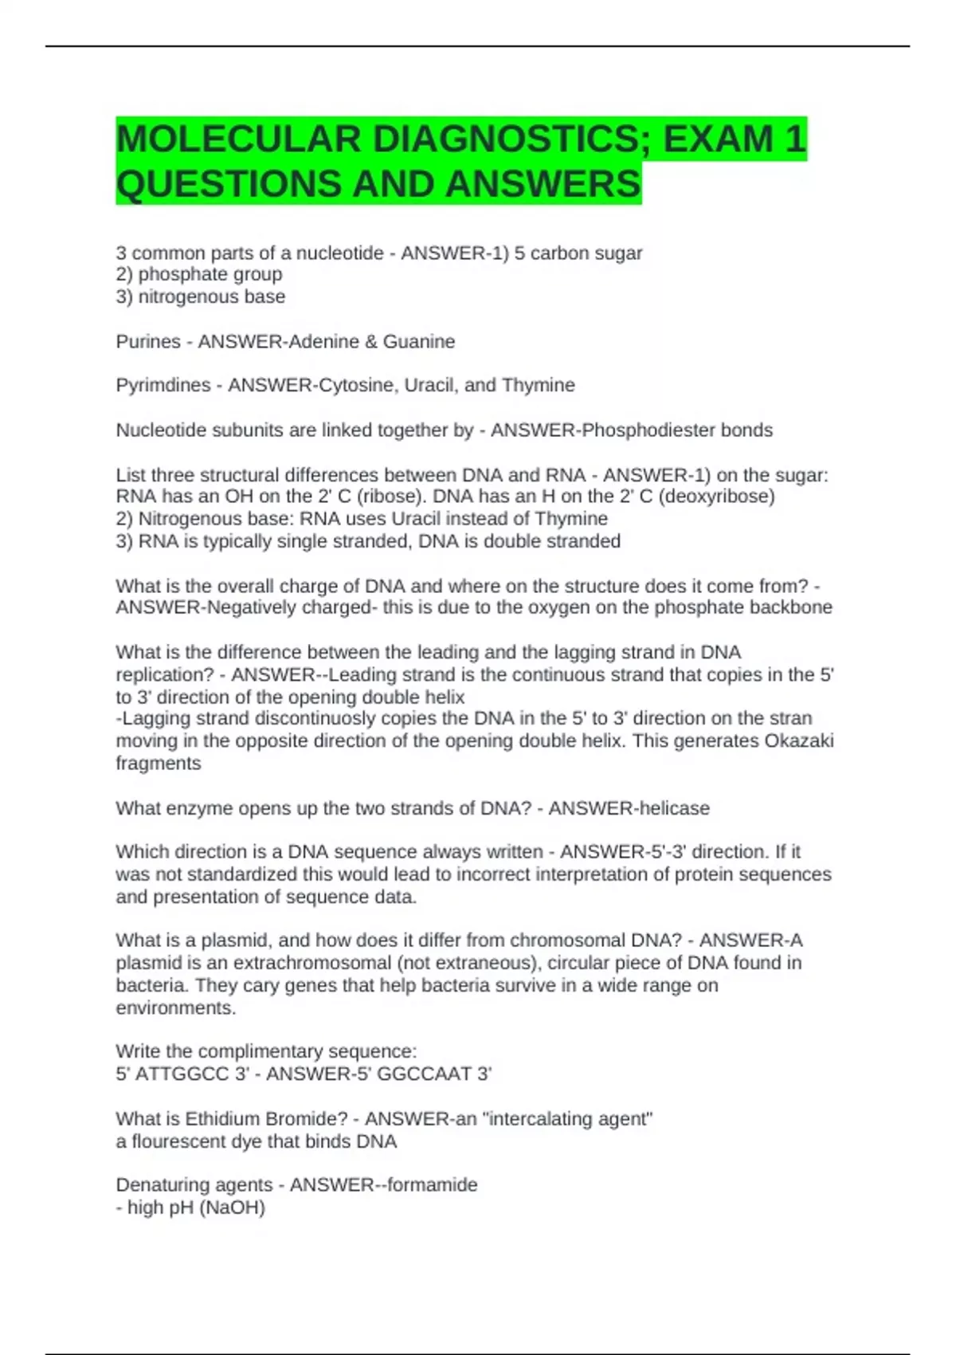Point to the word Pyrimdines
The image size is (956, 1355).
pos(163,386)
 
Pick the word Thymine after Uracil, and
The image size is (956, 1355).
pos(539,386)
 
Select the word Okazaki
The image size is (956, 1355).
pos(799,741)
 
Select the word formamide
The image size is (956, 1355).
pos(433,1185)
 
